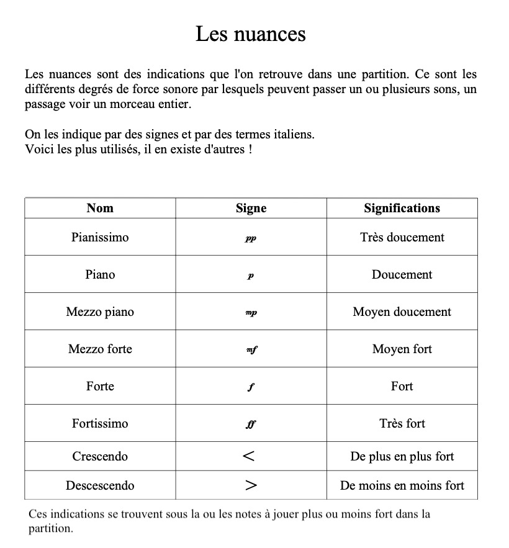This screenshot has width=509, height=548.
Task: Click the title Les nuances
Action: tap(251, 34)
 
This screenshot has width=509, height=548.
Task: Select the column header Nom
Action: tap(100, 209)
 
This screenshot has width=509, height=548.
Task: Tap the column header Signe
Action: tap(251, 209)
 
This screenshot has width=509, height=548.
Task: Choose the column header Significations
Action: tap(402, 209)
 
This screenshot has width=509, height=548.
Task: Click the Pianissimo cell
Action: tap(100, 237)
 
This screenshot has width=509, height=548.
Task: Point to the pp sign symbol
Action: tap(251, 238)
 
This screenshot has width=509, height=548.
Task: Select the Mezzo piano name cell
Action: tap(100, 312)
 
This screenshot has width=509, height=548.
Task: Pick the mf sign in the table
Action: tap(251, 350)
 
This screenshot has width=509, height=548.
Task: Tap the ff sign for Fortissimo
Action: tap(251, 424)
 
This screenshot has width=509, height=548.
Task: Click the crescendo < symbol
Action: tap(249, 457)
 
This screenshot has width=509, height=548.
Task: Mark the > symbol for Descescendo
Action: tap(251, 486)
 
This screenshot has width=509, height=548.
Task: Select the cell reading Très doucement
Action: tap(402, 237)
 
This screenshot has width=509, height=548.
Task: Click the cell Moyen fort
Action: tap(402, 349)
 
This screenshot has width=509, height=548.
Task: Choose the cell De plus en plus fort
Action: tap(402, 457)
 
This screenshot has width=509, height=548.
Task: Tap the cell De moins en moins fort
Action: tap(402, 485)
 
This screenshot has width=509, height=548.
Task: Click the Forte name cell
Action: tap(100, 386)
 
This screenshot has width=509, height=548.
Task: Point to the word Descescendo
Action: tap(100, 485)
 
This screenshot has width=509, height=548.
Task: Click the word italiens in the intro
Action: tap(294, 134)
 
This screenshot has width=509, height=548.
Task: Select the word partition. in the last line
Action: tap(50, 529)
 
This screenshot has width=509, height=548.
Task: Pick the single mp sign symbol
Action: tap(251, 313)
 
